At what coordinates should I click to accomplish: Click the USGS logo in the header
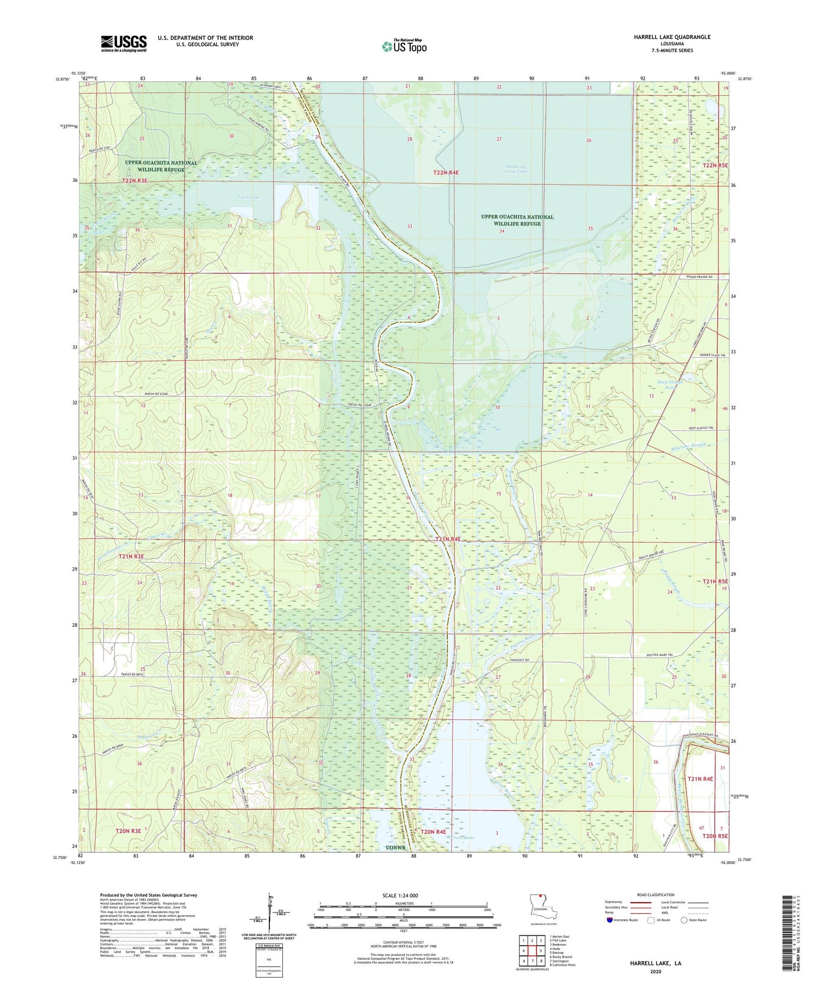(x=124, y=43)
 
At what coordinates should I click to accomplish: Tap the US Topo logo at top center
(x=404, y=47)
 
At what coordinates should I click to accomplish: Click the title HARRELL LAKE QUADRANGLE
(x=672, y=37)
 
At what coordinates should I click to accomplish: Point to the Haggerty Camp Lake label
(x=515, y=169)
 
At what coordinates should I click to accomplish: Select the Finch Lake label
(x=249, y=197)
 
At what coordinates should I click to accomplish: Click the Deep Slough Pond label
(x=670, y=384)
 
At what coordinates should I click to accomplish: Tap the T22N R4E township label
(x=446, y=172)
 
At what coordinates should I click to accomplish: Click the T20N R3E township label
(x=128, y=831)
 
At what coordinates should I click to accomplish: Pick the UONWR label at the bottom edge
(x=396, y=847)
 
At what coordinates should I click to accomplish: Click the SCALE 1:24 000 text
(x=404, y=895)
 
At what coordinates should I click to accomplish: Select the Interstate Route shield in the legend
(x=610, y=920)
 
